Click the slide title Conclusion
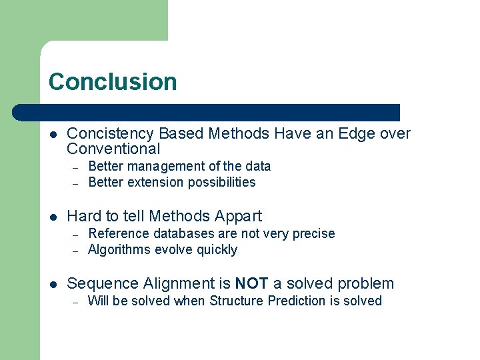[113, 82]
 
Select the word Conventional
[114, 149]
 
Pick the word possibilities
[222, 182]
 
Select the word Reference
[117, 233]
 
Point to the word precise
[312, 233]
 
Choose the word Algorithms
[119, 249]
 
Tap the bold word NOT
[251, 283]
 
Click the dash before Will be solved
[76, 301]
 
